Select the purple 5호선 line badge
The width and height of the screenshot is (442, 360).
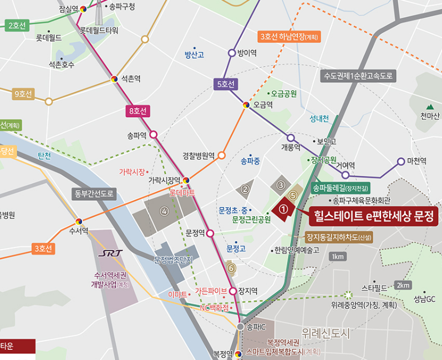226,84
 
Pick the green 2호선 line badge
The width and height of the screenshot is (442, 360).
16,25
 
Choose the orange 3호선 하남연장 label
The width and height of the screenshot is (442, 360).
289,37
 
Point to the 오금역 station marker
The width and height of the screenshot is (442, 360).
246,104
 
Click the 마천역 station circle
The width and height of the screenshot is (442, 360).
401,161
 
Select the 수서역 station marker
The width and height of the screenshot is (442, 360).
79,221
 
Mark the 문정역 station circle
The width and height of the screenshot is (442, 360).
210,234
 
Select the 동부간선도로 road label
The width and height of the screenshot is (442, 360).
94,194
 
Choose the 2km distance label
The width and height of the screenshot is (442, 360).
403,285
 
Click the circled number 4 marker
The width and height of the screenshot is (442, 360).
164,211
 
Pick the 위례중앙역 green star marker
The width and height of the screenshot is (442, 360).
348,295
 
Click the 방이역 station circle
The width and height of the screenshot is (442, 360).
232,53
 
